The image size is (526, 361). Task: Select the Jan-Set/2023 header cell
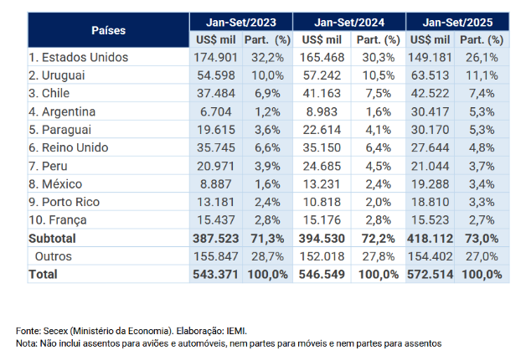coord(241,21)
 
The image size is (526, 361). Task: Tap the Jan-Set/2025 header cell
coord(457,21)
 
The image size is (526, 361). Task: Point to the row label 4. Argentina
coord(62,111)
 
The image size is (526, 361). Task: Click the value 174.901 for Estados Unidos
coord(215,57)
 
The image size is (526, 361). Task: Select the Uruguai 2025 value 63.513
coord(431,75)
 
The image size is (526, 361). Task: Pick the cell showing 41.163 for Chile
coord(322,93)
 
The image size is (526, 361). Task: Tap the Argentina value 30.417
coord(431,111)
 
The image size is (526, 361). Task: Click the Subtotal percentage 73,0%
coord(481,237)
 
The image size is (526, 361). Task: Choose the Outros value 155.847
coord(215,255)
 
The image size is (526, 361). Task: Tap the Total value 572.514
coord(429,274)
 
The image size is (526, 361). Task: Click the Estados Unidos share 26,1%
coord(481,57)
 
